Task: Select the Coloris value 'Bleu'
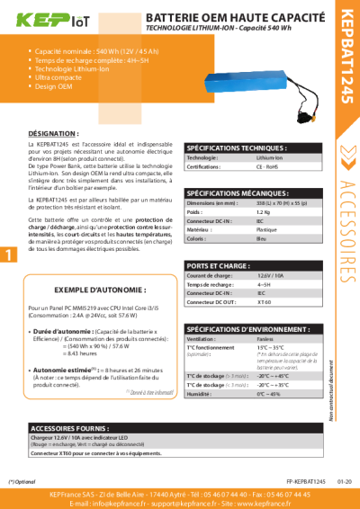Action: [261, 237]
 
